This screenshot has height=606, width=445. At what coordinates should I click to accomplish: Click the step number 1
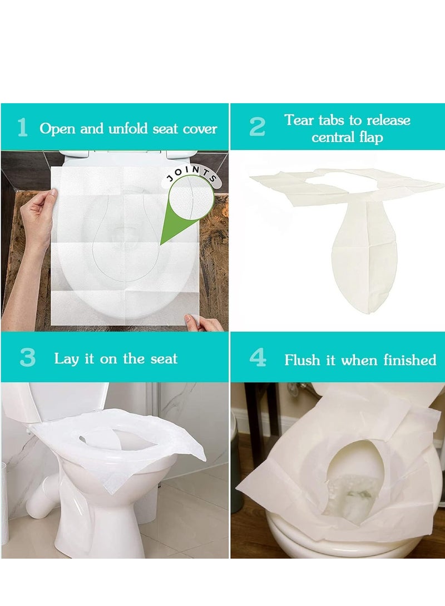[23, 128]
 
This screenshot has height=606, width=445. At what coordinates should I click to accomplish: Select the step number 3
[27, 358]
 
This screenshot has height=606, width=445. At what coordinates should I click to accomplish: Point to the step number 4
[258, 358]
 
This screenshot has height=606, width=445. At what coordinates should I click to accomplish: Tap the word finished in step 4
[410, 360]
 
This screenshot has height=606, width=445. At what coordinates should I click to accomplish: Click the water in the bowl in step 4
[348, 489]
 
